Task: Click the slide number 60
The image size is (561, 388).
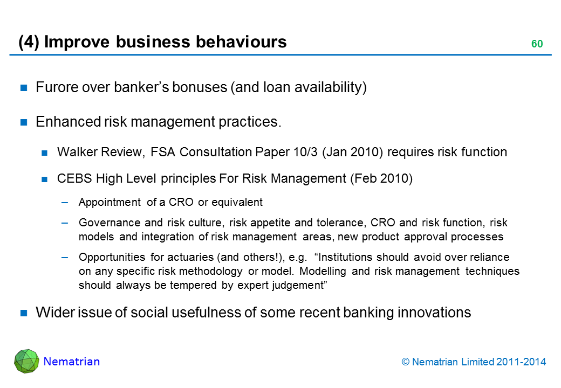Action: (537, 44)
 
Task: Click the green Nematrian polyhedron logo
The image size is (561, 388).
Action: (26, 361)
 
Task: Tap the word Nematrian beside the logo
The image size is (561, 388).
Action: (72, 362)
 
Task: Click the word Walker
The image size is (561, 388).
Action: (73, 153)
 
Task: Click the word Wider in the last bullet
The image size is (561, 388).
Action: (51, 313)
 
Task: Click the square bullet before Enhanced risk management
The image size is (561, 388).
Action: (24, 122)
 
